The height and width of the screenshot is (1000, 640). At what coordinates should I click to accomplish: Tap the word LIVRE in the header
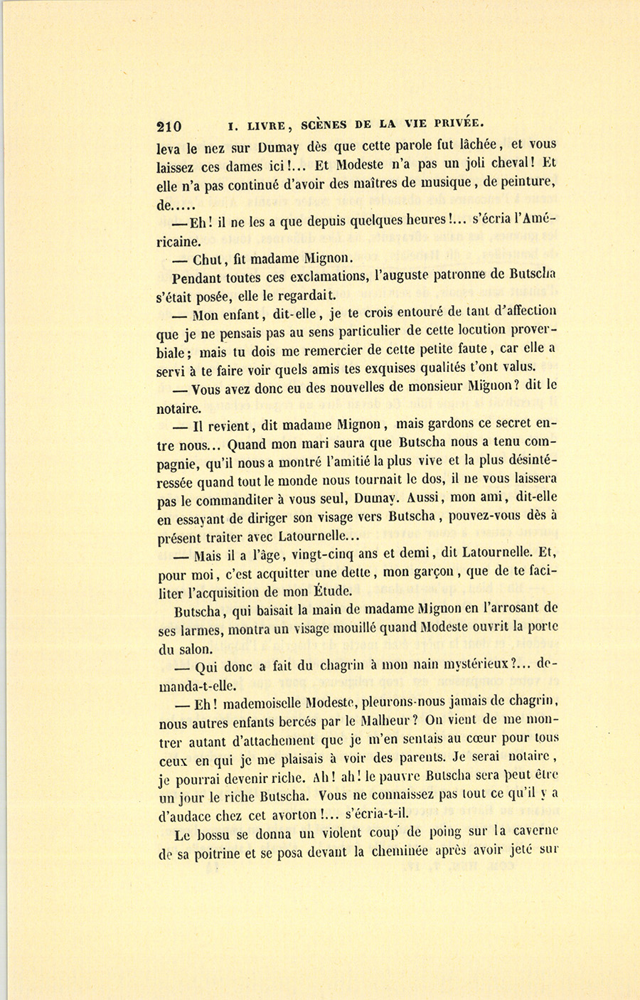point(265,126)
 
